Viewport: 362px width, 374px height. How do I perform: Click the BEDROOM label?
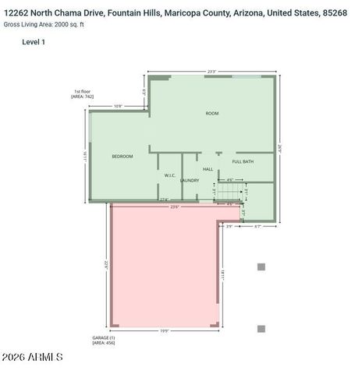122,157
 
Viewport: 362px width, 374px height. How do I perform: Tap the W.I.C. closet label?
169,175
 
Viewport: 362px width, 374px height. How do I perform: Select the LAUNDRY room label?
190,180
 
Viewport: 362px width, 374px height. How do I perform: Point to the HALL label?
208,168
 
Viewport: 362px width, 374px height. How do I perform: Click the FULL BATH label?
243,161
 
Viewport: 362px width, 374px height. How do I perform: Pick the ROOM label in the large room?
211,114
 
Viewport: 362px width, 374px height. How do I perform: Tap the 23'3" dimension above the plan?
211,72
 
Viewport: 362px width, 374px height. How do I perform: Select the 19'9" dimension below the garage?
165,331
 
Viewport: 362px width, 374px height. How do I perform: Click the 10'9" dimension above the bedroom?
118,106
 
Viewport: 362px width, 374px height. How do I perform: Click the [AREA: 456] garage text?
104,343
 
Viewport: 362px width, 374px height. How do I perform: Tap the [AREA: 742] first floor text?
83,97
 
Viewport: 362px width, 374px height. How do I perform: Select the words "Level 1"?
34,41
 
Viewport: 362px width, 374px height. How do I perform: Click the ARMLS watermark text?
47,357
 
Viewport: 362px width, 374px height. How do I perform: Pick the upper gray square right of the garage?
261,266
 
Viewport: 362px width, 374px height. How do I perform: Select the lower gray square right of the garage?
261,329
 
